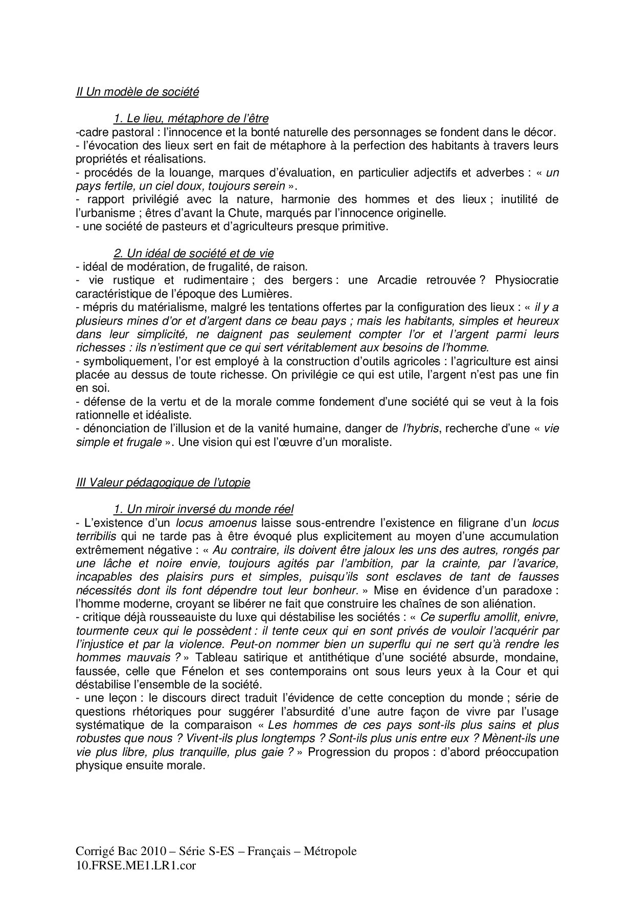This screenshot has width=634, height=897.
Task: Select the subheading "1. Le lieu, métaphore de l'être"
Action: point(191,119)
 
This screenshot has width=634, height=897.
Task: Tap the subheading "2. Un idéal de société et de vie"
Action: point(193,253)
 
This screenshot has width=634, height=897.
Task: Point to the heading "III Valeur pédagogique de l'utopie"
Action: point(163,482)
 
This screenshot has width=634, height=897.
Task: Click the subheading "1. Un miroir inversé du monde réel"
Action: point(203,509)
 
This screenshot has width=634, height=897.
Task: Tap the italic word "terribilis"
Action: point(96,536)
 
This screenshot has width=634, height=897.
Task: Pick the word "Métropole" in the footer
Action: point(330,851)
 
